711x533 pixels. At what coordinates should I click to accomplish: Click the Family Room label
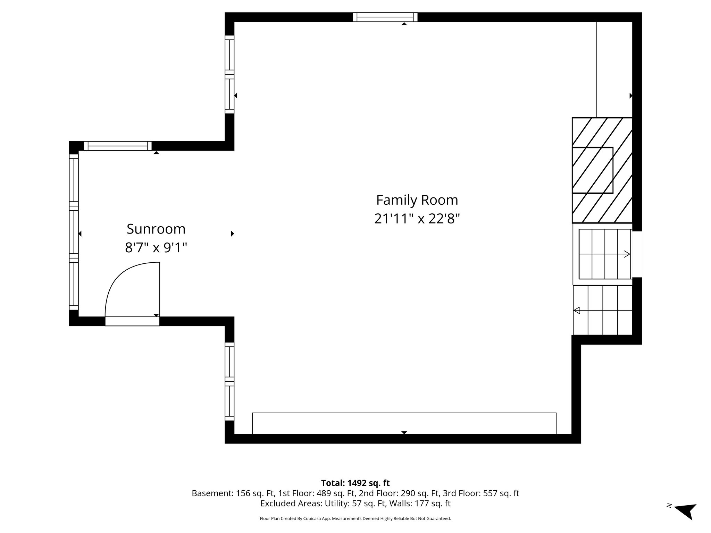(x=417, y=200)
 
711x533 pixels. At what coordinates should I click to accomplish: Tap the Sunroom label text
(x=156, y=229)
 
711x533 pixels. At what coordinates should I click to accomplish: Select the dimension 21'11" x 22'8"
(x=417, y=219)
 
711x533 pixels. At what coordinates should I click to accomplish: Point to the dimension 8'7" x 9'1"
(x=156, y=248)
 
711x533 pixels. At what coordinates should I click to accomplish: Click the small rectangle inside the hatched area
(x=592, y=170)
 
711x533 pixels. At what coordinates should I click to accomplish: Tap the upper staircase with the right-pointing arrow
(x=604, y=254)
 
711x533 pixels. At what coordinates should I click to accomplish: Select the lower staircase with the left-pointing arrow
(x=603, y=310)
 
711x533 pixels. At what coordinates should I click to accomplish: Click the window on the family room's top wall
(x=385, y=17)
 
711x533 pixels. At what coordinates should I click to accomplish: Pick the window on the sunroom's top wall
(x=118, y=146)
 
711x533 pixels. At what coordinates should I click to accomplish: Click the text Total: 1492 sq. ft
(x=355, y=483)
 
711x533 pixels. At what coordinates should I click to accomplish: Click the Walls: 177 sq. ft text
(x=420, y=504)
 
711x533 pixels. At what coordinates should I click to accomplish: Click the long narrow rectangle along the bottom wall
(x=404, y=423)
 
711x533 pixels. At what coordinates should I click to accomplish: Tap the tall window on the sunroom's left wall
(x=74, y=232)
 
